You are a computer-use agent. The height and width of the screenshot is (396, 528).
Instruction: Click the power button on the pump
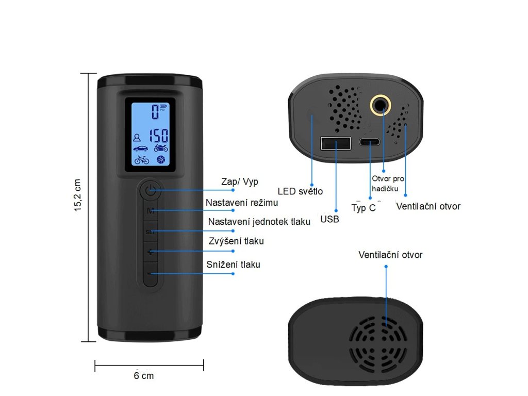[150, 190]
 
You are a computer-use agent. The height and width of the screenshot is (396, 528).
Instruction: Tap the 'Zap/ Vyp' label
[239, 181]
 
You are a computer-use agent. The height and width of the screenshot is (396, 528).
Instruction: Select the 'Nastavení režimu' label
[242, 203]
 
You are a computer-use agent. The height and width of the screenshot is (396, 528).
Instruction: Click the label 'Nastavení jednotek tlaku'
[259, 222]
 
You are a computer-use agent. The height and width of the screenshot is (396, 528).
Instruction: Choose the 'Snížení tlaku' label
[233, 265]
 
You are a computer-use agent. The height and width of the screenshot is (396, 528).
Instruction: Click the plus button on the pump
[150, 252]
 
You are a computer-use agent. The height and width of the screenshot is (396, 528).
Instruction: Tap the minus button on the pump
[150, 273]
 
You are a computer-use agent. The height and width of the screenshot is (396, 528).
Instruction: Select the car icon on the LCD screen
[140, 148]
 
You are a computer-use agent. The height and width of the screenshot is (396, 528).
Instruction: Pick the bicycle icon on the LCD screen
[141, 160]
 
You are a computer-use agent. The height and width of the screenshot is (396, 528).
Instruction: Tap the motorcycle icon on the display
[161, 148]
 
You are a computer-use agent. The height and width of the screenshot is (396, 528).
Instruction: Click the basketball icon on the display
[161, 160]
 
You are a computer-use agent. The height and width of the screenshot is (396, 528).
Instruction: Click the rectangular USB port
[336, 143]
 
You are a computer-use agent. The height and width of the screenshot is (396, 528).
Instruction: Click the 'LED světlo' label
[300, 191]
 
